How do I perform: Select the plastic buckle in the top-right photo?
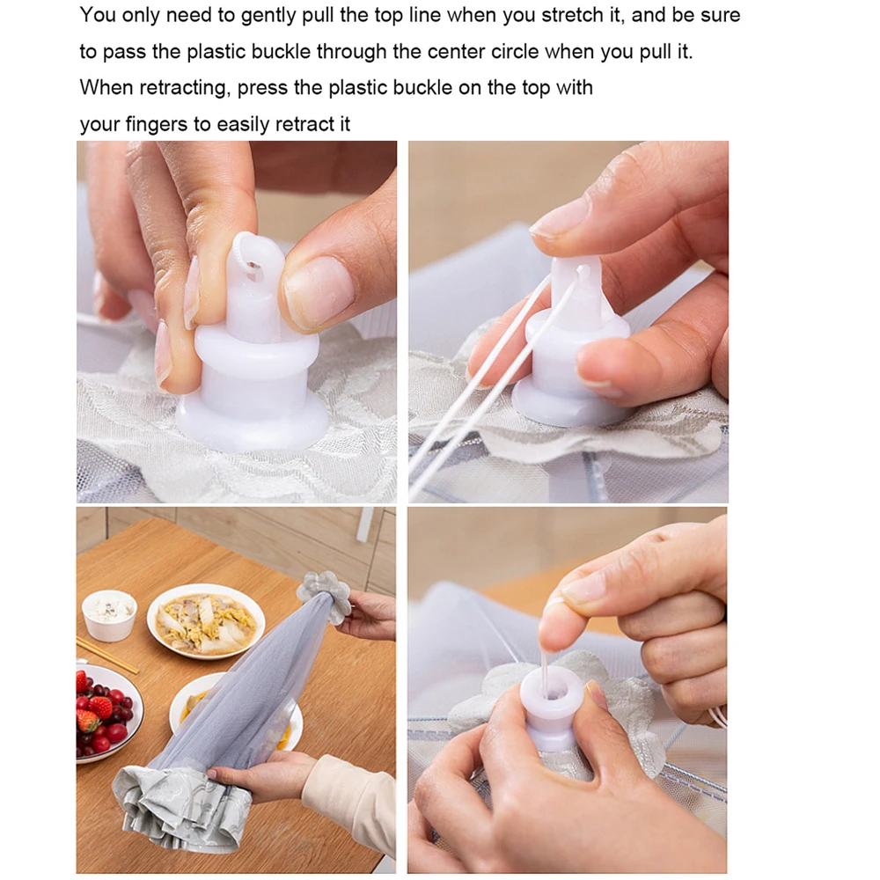(x=572, y=352)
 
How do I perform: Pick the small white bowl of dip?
(x=110, y=613)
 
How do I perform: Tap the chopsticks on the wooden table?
(x=106, y=656)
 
